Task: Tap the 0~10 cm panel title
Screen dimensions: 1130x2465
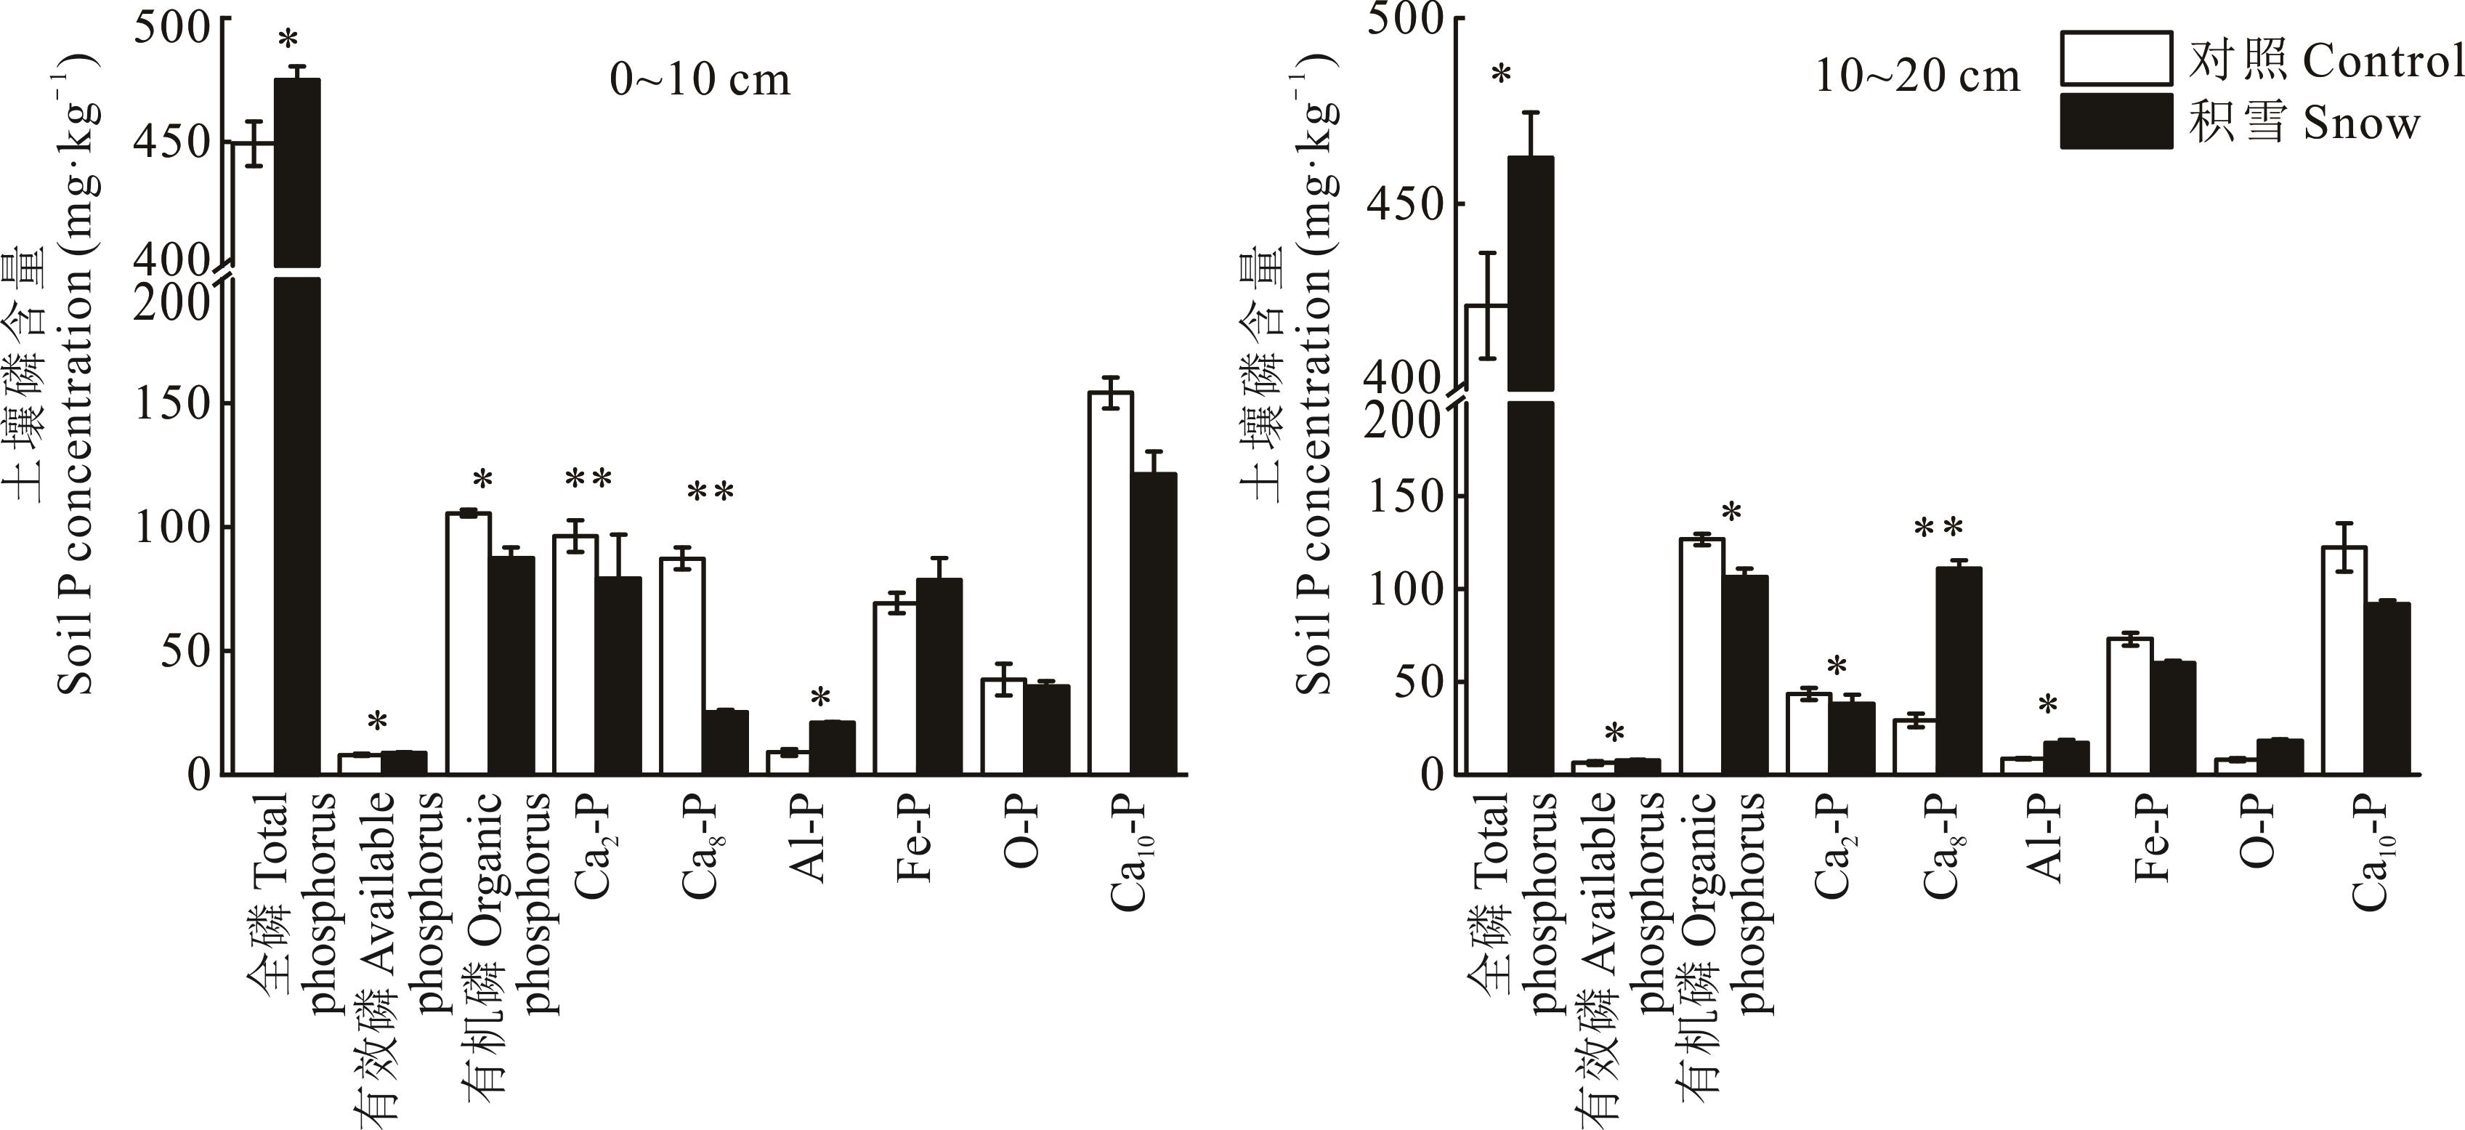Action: [x=700, y=79]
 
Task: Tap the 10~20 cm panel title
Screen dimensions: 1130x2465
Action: [x=1916, y=76]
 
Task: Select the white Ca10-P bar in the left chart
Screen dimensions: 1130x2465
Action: [x=1110, y=583]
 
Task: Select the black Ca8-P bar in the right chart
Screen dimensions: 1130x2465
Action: [x=1959, y=670]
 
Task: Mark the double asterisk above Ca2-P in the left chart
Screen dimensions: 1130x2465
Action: [x=588, y=478]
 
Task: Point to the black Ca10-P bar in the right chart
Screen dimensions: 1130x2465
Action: [x=2387, y=688]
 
